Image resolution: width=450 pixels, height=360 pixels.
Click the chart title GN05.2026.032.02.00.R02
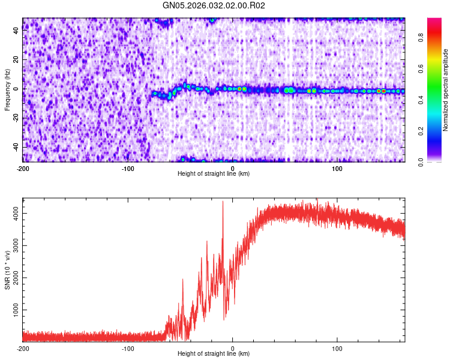214,5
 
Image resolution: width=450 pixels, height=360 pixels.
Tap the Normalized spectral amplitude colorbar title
446,90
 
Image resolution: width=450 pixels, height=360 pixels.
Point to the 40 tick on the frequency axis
16,31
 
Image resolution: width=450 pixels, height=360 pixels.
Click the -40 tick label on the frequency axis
15,147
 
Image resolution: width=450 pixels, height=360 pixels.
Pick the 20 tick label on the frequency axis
16,60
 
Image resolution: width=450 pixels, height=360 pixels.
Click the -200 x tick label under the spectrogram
23,168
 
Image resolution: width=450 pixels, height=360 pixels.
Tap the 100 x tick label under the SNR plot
337,349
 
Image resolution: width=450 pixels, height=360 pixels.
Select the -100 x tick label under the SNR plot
127,349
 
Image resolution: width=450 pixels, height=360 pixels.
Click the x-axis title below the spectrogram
214,174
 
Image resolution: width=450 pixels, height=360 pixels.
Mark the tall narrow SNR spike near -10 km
223,204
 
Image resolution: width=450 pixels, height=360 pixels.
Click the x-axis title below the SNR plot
214,354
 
